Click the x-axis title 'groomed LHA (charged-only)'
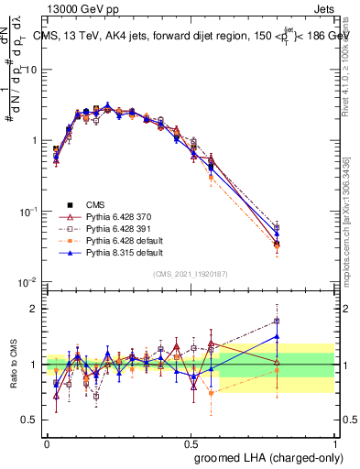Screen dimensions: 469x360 click(265, 456)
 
